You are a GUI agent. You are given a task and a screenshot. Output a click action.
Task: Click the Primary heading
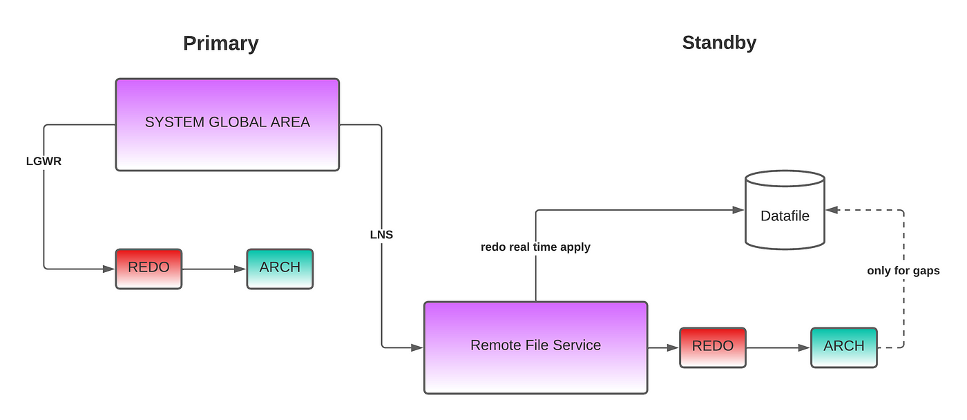pos(220,44)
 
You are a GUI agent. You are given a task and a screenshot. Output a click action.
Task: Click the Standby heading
pos(719,43)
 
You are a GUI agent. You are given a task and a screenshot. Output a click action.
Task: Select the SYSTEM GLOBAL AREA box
pos(227,125)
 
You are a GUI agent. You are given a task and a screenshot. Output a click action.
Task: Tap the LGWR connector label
pos(44,161)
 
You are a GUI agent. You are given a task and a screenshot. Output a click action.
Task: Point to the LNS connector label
pos(381,234)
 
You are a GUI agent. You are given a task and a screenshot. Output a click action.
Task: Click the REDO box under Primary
pos(149,269)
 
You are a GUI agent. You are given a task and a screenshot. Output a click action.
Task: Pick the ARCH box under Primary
pos(280,269)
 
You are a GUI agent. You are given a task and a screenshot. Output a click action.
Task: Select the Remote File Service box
pos(536,347)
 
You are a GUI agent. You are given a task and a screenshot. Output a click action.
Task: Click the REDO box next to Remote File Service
pos(713,347)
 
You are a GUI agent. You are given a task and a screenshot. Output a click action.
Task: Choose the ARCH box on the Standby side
pos(844,347)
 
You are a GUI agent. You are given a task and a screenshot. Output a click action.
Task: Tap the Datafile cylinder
pos(785,210)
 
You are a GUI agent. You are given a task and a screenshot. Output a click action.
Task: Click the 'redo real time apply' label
pos(535,247)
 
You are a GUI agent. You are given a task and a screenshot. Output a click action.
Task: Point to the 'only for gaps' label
pos(903,271)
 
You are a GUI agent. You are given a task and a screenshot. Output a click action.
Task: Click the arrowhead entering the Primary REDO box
pos(109,269)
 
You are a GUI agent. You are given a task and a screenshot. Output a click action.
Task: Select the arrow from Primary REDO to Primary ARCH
pos(214,269)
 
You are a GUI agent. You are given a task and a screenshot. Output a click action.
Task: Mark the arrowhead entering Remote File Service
pos(417,347)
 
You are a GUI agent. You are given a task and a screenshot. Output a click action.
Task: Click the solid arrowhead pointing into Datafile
pos(738,210)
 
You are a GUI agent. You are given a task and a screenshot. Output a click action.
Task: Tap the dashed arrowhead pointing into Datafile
pos(832,210)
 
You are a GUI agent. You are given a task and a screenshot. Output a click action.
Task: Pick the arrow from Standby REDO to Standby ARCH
pos(778,347)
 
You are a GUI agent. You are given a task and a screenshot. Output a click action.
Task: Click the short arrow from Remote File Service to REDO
pos(664,347)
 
